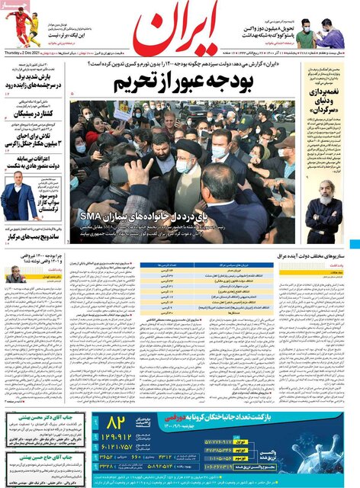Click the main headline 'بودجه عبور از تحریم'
click(180, 83)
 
